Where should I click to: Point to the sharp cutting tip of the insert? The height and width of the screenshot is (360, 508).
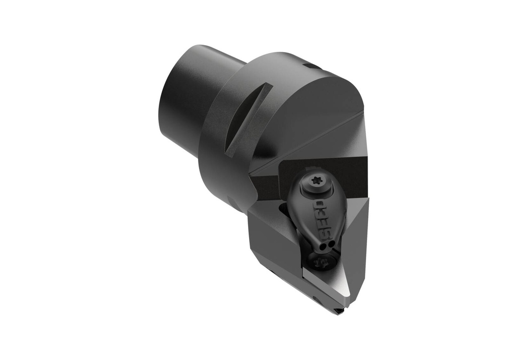[340, 312]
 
